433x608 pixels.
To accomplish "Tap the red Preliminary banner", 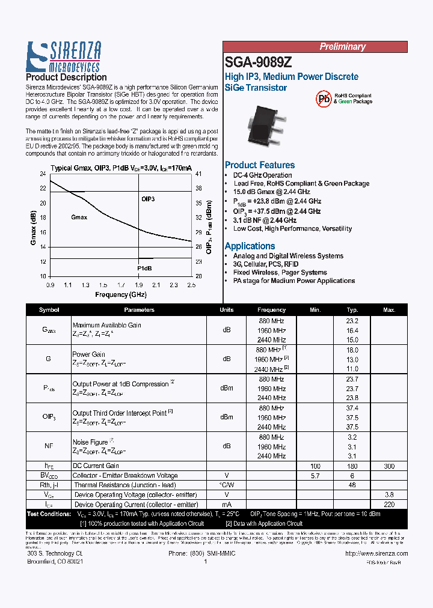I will [342, 47].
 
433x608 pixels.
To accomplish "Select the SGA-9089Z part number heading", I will [259, 62].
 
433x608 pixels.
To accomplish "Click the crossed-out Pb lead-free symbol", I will [324, 99].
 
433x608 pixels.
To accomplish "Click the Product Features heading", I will [260, 165].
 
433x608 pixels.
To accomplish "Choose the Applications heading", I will [250, 246].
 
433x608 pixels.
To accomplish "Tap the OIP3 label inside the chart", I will [148, 198].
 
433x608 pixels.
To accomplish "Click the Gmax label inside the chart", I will [79, 217].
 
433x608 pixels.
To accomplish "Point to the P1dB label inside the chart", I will [144, 268].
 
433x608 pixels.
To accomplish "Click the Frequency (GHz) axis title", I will [120, 294].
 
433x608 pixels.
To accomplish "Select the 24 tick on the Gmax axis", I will [43, 174].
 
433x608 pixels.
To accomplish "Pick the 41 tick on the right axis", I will [198, 174].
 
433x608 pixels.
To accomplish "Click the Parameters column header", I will [139, 310].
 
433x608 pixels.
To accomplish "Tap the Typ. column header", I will [352, 310].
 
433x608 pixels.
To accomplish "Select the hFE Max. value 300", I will [389, 466].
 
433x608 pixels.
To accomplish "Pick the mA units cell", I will [227, 505].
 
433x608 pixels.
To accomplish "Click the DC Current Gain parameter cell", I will [96, 466].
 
